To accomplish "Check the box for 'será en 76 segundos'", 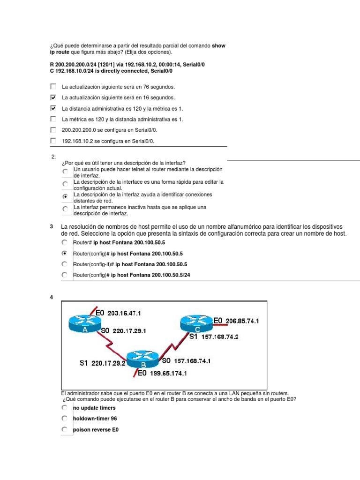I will tap(52, 87).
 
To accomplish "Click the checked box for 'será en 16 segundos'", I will tap(52, 97).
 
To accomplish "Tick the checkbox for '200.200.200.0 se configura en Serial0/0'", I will tap(52, 130).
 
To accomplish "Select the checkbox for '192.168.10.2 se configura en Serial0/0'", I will tap(52, 141).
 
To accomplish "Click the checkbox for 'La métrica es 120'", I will tap(52, 119).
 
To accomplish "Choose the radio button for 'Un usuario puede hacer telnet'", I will tap(65, 172).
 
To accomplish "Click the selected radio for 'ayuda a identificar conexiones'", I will tap(65, 197).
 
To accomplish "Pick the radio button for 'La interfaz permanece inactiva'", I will tap(65, 210).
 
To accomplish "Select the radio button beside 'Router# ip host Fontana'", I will tap(65, 242).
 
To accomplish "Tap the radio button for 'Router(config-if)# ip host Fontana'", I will tap(65, 264).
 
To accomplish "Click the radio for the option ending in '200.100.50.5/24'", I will tap(65, 275).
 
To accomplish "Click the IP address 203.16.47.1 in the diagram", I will tap(125, 313).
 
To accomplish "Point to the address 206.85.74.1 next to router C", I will tap(242, 321).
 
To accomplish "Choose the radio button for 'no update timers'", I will tap(65, 408).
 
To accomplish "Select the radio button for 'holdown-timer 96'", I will tap(65, 419).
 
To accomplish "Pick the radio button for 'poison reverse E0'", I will tap(65, 429).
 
